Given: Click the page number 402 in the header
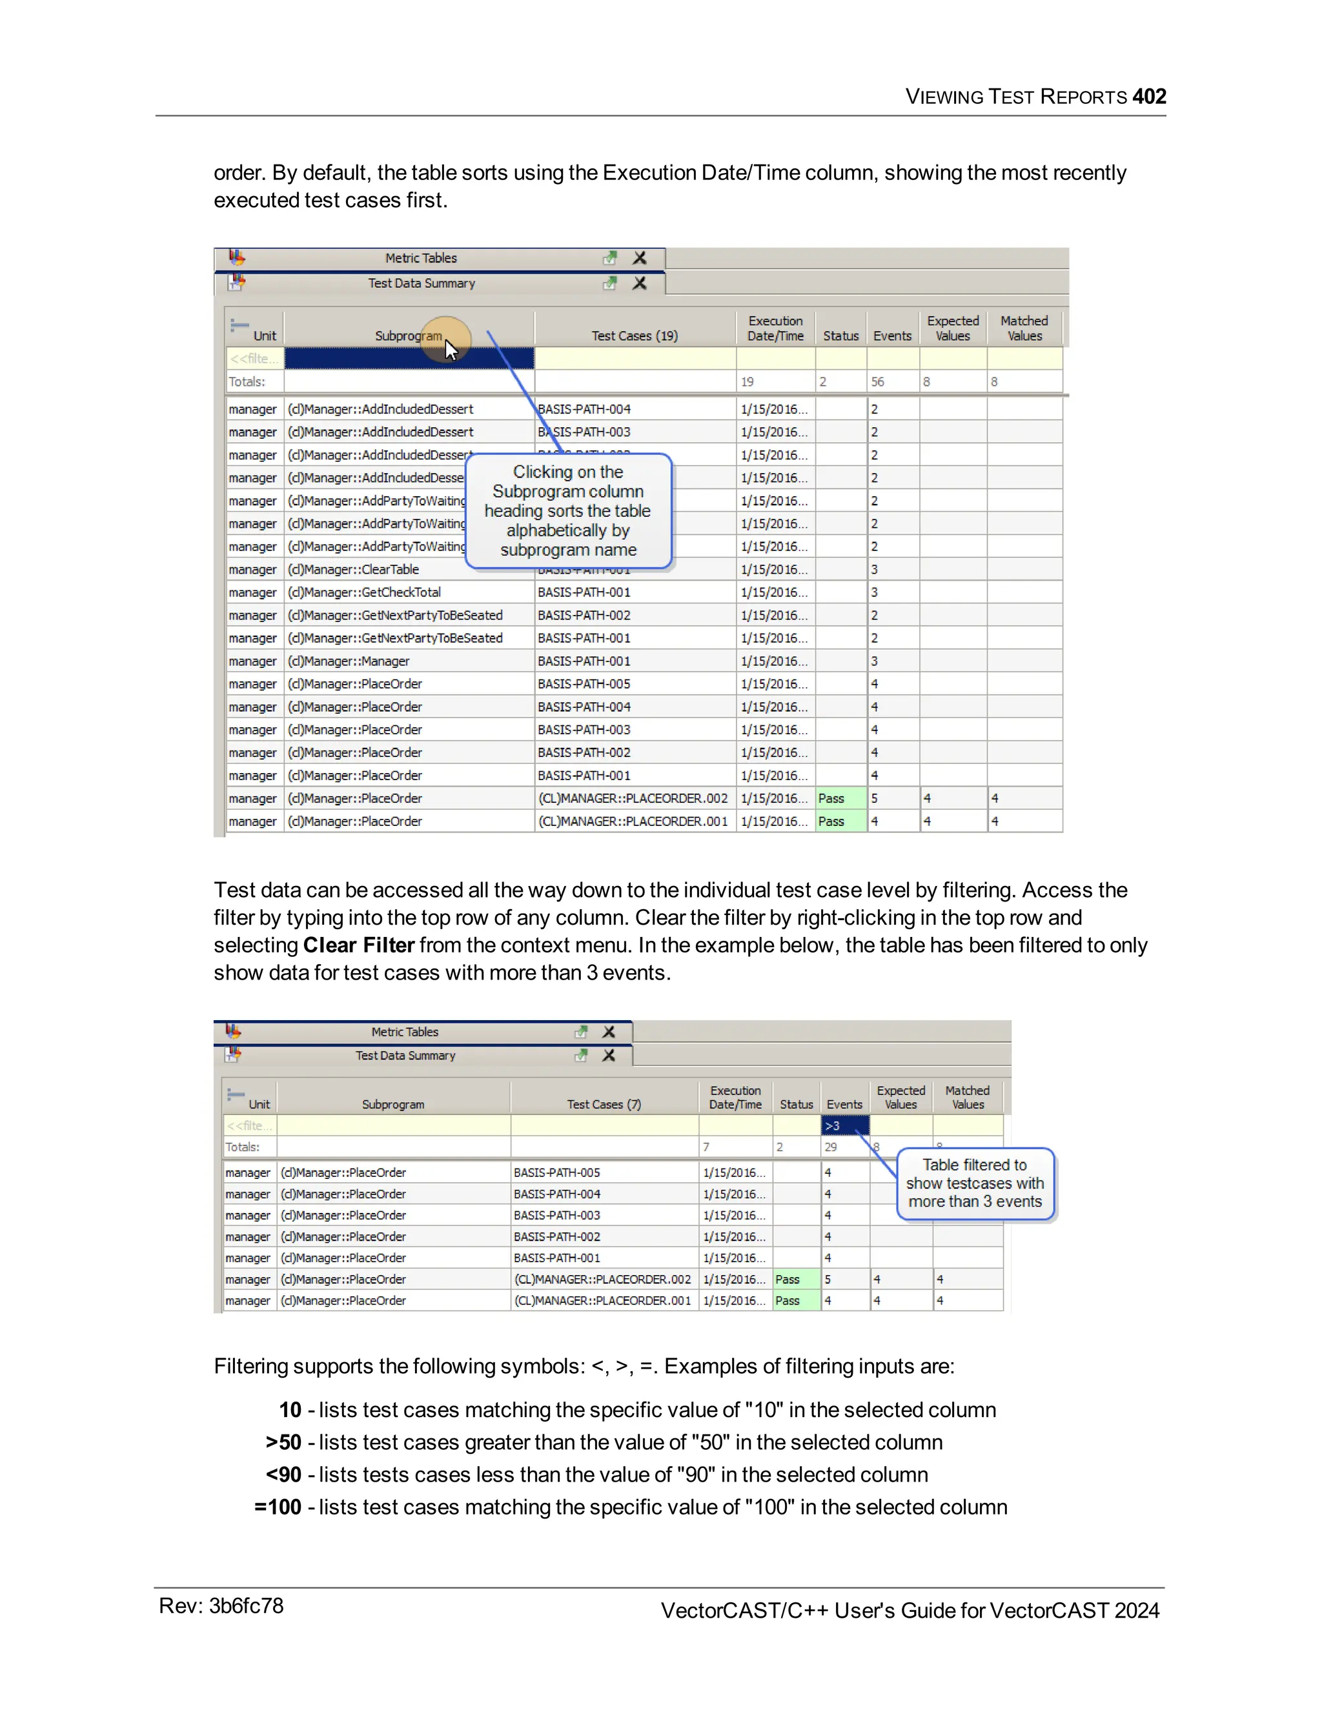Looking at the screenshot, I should pos(1149,96).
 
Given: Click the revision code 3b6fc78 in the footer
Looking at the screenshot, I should pos(246,1606).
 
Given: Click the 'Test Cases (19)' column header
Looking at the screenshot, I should pos(635,336).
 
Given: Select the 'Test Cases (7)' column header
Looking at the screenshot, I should pos(604,1104).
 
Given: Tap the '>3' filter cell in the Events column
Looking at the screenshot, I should pos(844,1126).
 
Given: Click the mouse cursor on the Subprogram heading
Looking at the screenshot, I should pos(451,349).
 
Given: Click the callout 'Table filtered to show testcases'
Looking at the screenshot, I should pos(975,1183).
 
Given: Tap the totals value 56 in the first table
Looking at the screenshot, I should pos(878,382).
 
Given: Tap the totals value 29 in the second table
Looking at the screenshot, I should pos(831,1147).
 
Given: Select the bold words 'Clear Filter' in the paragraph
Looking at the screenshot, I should pos(359,945).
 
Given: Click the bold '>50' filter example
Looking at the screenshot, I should pos(283,1442).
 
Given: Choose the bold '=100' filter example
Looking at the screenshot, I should pos(278,1507).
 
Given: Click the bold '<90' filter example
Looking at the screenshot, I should pos(283,1474).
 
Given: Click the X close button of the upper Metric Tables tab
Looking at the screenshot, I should pos(640,257).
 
